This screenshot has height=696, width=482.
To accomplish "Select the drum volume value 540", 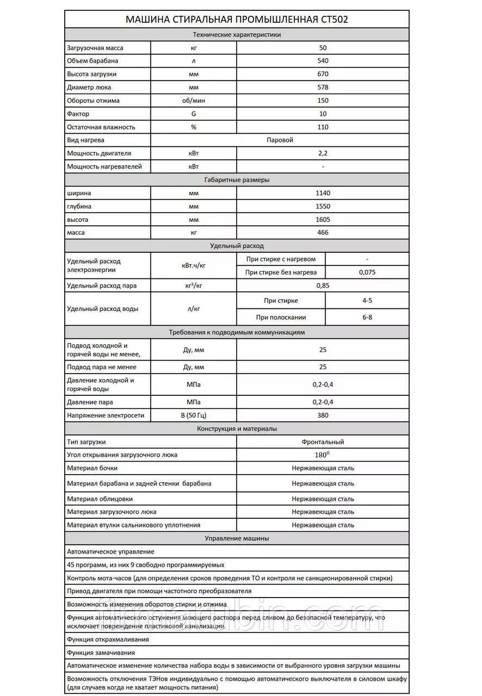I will pos(323,61).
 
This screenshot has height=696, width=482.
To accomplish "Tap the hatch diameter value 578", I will pos(323,87).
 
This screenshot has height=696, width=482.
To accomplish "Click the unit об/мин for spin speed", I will pos(193,101).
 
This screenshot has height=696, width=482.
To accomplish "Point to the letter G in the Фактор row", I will pos(193,114).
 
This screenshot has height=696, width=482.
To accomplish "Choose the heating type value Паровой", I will pos(280,140).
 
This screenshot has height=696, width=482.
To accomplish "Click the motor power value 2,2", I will pos(323,153).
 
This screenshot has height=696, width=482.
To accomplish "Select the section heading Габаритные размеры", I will pos(237,180).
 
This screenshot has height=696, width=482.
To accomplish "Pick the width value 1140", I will pos(323,193).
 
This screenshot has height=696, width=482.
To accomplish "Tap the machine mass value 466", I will pos(323,233).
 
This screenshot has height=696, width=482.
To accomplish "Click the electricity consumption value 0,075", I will pos(367,272).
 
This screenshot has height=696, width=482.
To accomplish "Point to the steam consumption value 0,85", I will pos(323,285).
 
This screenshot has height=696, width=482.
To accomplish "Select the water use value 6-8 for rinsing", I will pos(367,317).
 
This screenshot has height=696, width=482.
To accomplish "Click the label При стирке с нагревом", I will pos(281,259).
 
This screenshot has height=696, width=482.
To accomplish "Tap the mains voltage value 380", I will pos(323,415).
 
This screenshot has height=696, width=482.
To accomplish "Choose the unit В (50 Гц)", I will pos(193,415).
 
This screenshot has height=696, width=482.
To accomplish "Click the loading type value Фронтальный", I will pos(323,442).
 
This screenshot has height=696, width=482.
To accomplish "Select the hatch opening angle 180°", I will pos(323,455).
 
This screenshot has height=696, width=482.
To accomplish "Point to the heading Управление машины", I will pos(237,538).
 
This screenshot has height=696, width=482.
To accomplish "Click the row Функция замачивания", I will pos(101,652).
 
